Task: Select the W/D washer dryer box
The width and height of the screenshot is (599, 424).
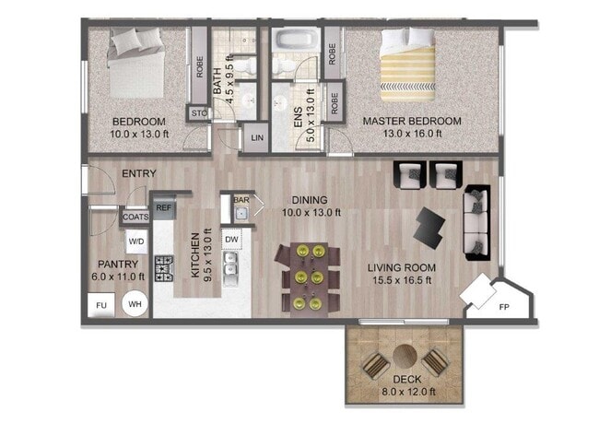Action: pyautogui.click(x=135, y=242)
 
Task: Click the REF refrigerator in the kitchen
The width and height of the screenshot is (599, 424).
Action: pyautogui.click(x=164, y=209)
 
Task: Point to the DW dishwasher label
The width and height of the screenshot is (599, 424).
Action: pyautogui.click(x=232, y=239)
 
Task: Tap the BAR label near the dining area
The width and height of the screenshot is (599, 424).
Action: pyautogui.click(x=241, y=199)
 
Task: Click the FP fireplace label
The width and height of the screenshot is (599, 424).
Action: pyautogui.click(x=504, y=307)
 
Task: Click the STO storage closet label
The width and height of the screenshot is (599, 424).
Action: pyautogui.click(x=198, y=114)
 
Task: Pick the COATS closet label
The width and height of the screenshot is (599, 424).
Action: pyautogui.click(x=135, y=218)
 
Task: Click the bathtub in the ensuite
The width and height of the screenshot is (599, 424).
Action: pyautogui.click(x=295, y=41)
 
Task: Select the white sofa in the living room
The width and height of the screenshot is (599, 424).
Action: pyautogui.click(x=476, y=221)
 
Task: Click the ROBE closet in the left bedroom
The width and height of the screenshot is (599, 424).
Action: pyautogui.click(x=198, y=66)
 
